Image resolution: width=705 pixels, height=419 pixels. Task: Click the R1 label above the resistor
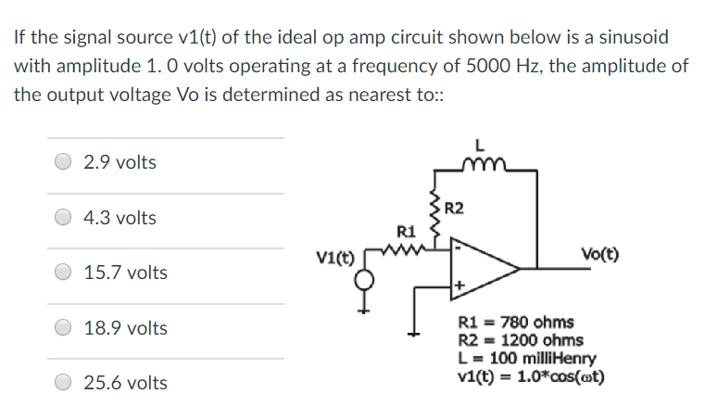pos(404,230)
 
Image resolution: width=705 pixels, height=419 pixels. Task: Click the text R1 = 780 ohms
pos(516,323)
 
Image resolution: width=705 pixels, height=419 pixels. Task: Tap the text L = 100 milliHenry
pos(526,358)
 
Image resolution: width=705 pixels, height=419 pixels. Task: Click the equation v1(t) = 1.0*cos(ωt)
pos(530,376)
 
